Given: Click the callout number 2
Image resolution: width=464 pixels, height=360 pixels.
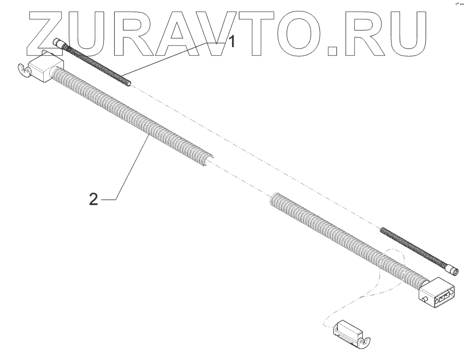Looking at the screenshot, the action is (93, 200).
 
